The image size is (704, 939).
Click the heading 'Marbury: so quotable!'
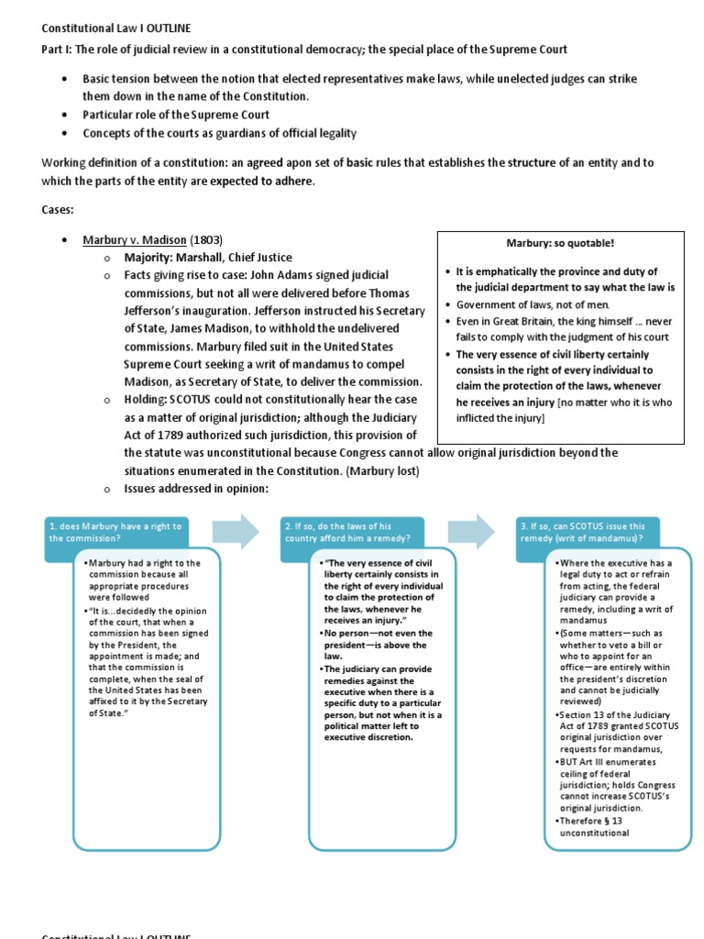coord(560,243)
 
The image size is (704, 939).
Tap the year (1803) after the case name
coord(205,239)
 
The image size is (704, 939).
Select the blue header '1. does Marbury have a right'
coord(115,533)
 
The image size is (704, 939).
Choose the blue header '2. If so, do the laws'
coord(351,533)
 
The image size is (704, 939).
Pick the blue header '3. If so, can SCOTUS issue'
coord(588,533)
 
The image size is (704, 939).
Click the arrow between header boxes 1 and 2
coord(236,532)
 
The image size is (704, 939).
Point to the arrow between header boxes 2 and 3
coord(472,532)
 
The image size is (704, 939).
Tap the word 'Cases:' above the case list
coord(58,209)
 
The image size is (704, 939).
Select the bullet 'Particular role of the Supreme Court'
coord(176,115)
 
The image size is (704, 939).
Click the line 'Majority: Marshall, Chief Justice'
coord(208,257)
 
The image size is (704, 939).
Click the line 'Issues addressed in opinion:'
coord(196,488)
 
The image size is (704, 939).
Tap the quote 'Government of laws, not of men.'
coord(533,304)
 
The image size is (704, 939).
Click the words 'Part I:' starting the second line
coord(60,49)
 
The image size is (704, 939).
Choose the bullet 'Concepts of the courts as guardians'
coord(219,133)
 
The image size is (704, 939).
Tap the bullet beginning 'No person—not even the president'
coord(378,645)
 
